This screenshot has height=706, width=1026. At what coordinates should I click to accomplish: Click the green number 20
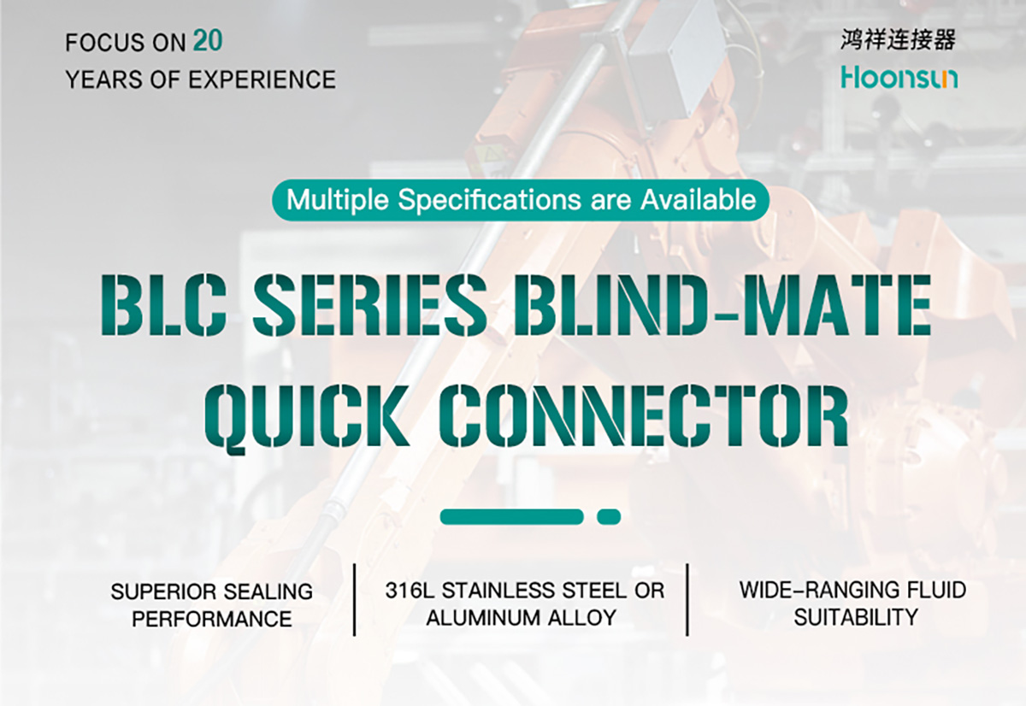[x=208, y=40]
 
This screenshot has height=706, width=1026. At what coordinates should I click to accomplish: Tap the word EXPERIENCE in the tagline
[x=262, y=79]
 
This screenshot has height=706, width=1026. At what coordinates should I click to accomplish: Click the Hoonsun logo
[x=899, y=78]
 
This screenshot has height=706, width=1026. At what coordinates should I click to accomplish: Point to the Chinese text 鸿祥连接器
[x=899, y=40]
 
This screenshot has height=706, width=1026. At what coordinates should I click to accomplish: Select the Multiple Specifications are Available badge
[x=521, y=200]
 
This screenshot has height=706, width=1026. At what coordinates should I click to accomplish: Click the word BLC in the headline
[x=163, y=305]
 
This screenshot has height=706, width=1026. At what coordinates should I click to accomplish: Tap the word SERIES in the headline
[x=369, y=305]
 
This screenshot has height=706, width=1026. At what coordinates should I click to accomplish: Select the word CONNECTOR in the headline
[x=645, y=415]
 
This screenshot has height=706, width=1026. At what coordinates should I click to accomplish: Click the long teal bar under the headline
[x=511, y=517]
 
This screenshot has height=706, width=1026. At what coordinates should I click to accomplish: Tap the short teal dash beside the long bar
[x=609, y=517]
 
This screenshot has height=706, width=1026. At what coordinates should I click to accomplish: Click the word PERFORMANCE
[x=212, y=619]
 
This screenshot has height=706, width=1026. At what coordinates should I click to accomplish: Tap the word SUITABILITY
[x=856, y=617]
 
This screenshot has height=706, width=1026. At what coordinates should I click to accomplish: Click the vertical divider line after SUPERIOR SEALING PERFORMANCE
[x=355, y=600]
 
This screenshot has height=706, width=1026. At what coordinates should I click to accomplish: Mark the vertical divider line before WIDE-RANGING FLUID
[x=687, y=600]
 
